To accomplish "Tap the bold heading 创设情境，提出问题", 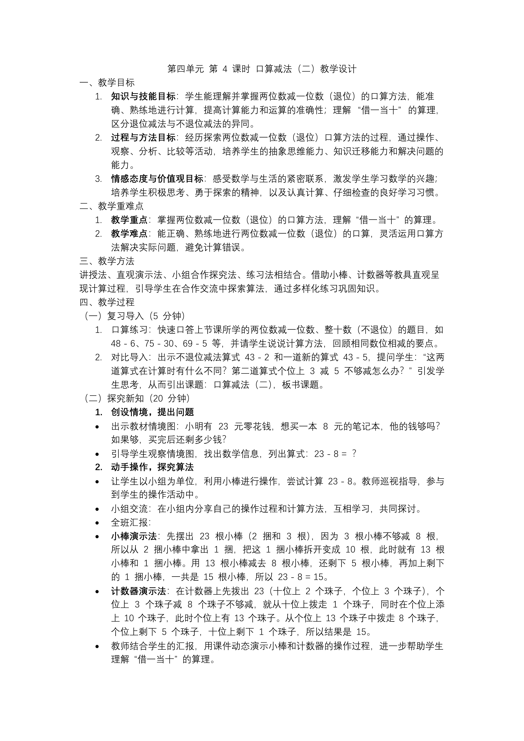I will tap(152, 412).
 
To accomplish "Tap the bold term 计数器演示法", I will tap(138, 591).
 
